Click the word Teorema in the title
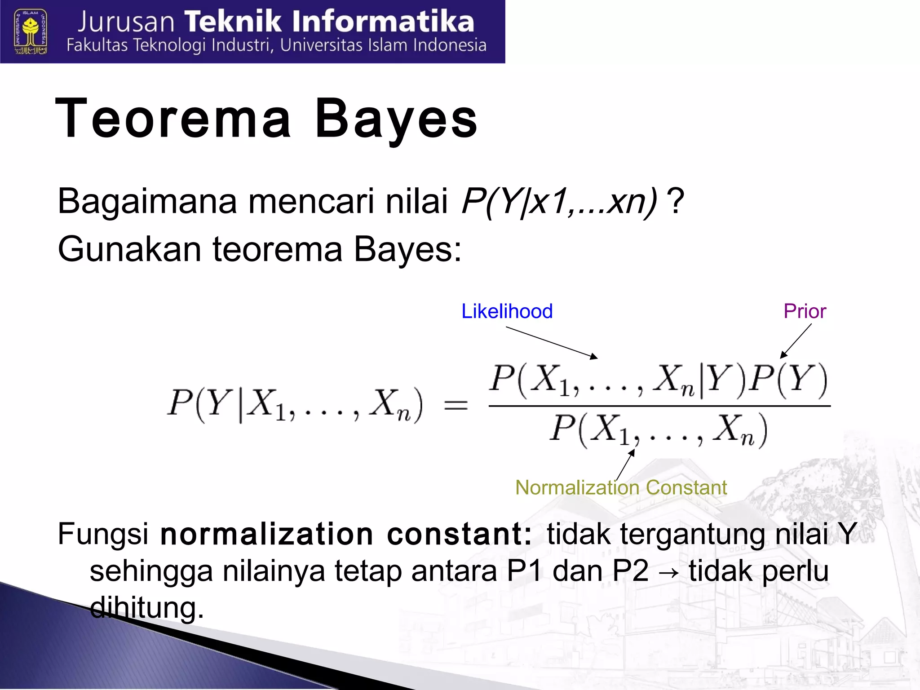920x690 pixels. [x=173, y=119]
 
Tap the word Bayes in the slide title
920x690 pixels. [x=396, y=119]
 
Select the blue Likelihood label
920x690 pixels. [x=507, y=311]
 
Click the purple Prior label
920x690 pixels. [x=805, y=311]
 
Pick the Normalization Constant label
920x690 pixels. [x=621, y=487]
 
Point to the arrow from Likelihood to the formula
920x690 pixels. [x=552, y=342]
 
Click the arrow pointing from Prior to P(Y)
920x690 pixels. [x=796, y=341]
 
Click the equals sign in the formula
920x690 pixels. [x=456, y=405]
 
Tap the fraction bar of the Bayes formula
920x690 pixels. [x=659, y=406]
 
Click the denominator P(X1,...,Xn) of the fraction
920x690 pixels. [x=658, y=430]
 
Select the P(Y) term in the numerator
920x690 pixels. [x=790, y=380]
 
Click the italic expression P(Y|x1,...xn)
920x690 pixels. [x=559, y=202]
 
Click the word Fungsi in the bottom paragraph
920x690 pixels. [x=103, y=534]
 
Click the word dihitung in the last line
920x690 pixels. [x=147, y=607]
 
